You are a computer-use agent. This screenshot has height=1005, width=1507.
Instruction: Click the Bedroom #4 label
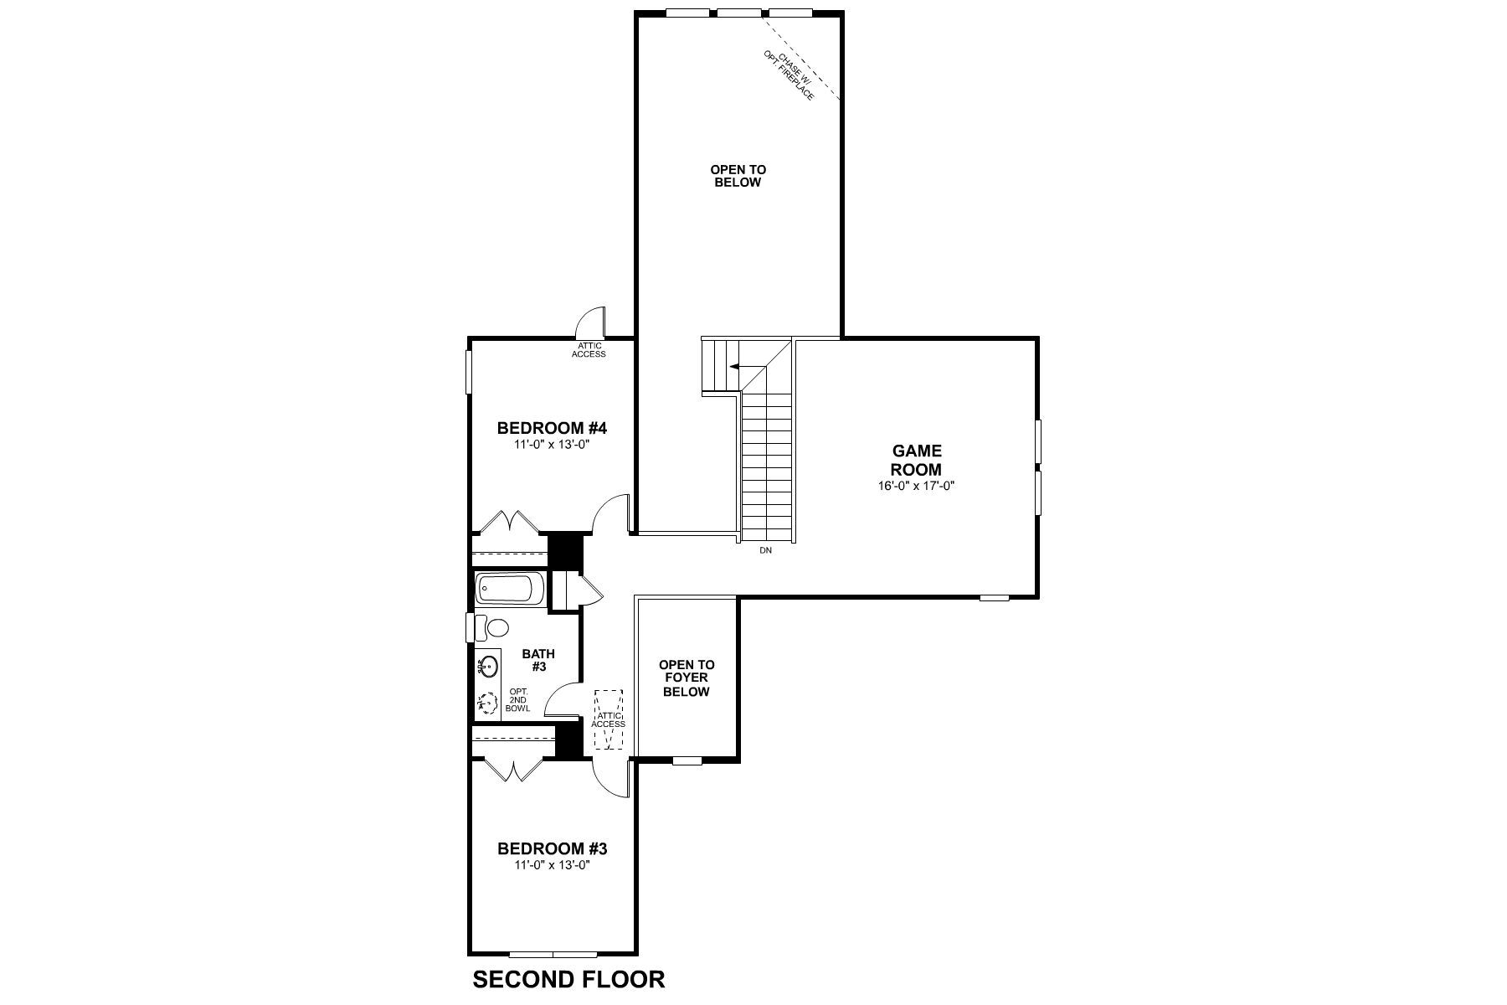[x=551, y=429]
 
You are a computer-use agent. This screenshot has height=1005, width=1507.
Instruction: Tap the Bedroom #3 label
[x=553, y=848]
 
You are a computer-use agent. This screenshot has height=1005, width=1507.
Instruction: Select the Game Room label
[x=916, y=461]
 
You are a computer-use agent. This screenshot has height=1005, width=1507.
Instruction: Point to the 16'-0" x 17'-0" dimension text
[x=916, y=485]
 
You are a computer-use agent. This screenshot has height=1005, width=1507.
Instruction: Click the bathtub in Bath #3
[x=508, y=589]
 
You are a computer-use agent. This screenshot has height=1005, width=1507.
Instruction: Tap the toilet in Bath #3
[x=495, y=627]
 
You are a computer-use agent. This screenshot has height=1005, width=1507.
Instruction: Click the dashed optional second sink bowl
[x=486, y=703]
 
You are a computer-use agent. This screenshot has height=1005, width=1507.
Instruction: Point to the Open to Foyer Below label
[x=687, y=678]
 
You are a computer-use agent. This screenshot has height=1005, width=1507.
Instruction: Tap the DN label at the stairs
[x=765, y=550]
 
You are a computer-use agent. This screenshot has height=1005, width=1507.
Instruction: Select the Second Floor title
[x=568, y=979]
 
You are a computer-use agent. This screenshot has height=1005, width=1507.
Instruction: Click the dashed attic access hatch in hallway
[x=608, y=719]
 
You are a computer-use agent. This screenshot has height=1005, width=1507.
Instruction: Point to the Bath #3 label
[x=537, y=660]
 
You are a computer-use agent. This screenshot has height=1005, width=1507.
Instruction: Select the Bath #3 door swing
[x=563, y=700]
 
